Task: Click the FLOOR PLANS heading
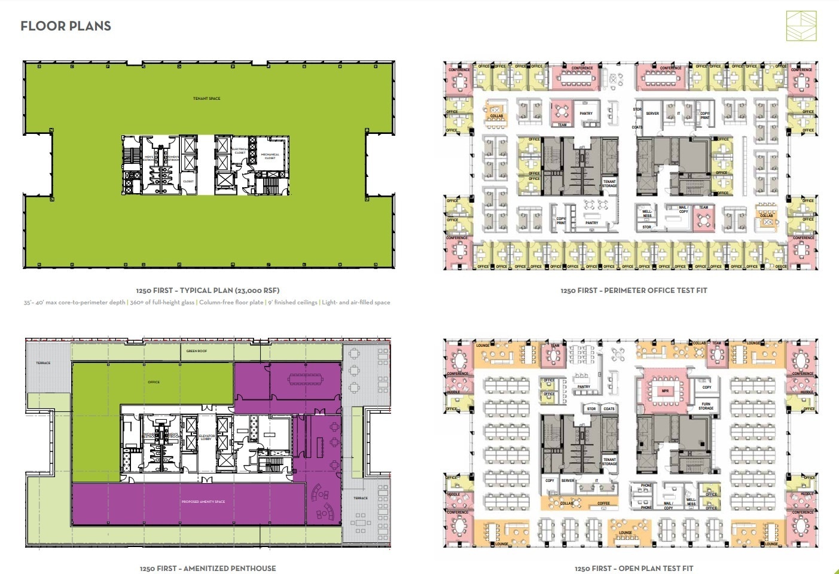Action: [66, 26]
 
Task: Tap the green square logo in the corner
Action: [801, 26]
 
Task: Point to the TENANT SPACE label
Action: [206, 99]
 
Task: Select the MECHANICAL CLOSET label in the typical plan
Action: [270, 157]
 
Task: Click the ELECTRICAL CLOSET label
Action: [240, 151]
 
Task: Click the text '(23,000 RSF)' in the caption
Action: [255, 291]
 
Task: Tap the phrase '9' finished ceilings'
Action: [292, 303]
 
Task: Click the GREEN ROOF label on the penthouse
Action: [197, 351]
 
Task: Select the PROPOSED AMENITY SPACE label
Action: [203, 502]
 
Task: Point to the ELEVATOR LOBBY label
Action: [206, 438]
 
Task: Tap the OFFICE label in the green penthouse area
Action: [154, 382]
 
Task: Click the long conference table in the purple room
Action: [305, 379]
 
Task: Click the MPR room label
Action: [665, 391]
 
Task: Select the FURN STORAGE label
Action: [706, 406]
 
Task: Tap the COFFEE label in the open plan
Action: [604, 503]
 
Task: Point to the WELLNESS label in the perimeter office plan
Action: [648, 213]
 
